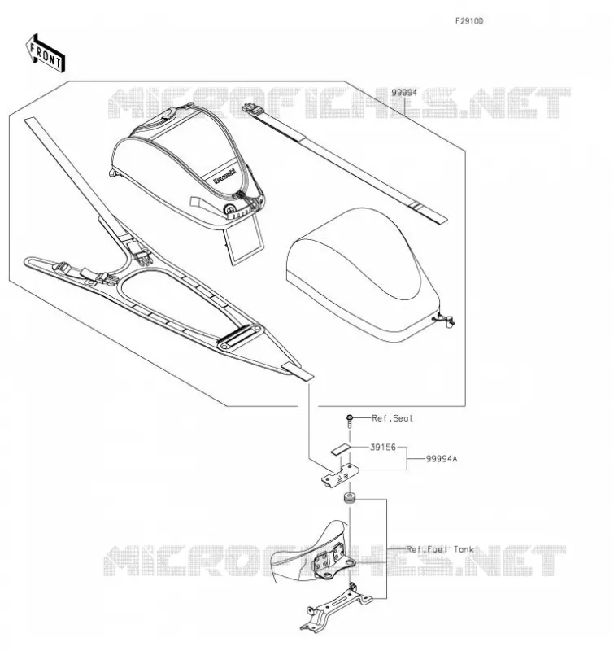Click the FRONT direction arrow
46,54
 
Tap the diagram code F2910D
469,21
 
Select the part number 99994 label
404,93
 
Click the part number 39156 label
383,447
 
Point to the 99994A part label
442,459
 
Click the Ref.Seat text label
393,418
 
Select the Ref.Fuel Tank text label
440,549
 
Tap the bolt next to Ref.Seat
350,420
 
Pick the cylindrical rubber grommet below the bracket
349,497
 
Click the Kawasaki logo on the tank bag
224,177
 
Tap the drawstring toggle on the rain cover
446,320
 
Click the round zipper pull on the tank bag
229,209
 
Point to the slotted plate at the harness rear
241,336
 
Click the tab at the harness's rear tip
298,371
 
